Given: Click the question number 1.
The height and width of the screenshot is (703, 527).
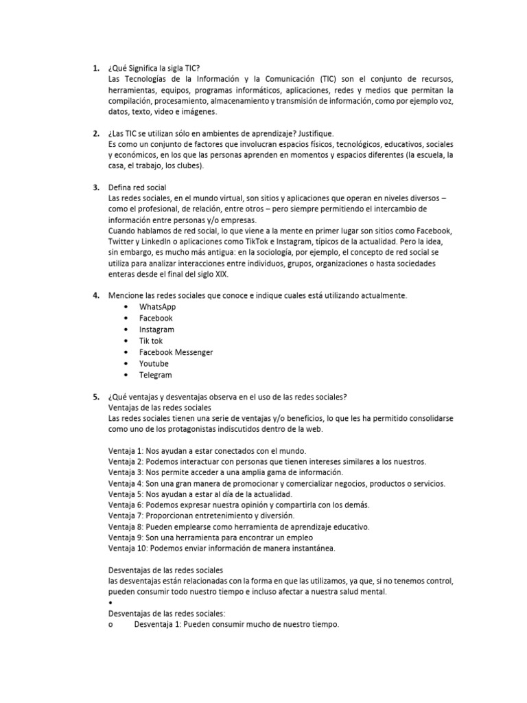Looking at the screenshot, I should tap(95, 68).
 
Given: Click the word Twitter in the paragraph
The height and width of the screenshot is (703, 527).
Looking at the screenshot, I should tap(121, 242).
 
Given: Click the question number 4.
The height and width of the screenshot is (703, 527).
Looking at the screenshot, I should tap(95, 295).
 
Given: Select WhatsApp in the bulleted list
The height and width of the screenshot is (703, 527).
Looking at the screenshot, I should tap(157, 307).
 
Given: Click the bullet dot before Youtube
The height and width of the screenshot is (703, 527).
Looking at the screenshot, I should tap(126, 364).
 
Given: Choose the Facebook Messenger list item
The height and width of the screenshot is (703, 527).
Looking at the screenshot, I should tap(176, 352).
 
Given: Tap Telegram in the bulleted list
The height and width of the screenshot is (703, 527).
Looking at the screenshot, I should tap(156, 375).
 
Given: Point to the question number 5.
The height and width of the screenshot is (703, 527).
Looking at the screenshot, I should tap(95, 396).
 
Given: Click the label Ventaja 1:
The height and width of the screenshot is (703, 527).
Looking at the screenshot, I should tap(126, 450).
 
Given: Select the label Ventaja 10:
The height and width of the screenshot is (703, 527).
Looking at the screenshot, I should tap(128, 549).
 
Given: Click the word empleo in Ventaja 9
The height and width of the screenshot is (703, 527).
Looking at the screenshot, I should tap(299, 538).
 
